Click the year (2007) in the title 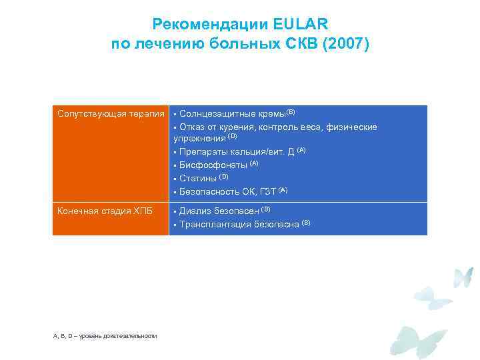pyautogui.click(x=340, y=45)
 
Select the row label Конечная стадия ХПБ pyautogui.click(x=105, y=211)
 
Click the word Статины pyautogui.click(x=198, y=177)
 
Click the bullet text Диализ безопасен pyautogui.click(x=219, y=211)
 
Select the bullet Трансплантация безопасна pyautogui.click(x=239, y=224)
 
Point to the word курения pyautogui.click(x=239, y=126)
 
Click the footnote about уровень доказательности pyautogui.click(x=105, y=335)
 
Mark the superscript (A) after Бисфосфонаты pyautogui.click(x=254, y=163)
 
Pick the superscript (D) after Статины pyautogui.click(x=225, y=176)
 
